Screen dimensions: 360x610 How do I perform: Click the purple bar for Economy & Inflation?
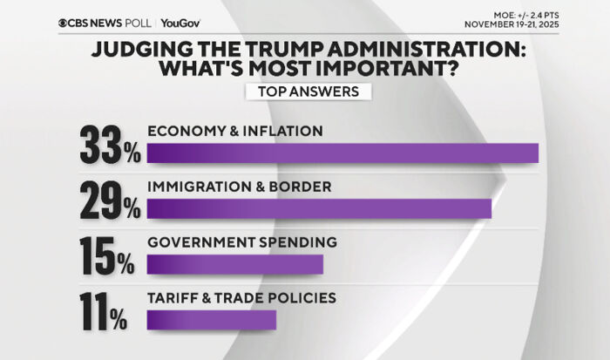tap(342, 153)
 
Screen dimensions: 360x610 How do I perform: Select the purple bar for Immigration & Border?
tap(319, 208)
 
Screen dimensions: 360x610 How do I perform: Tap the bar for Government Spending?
tap(235, 264)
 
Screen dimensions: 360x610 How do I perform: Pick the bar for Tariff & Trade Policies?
tap(212, 320)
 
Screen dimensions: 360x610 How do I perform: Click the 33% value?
tap(110, 145)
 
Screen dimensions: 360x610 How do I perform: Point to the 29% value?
tap(110, 200)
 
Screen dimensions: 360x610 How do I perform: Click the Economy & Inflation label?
tap(235, 131)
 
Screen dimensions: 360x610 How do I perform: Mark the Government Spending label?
tap(241, 242)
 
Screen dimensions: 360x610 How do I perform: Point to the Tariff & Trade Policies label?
tap(241, 298)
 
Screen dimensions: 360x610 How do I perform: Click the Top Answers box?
tap(308, 92)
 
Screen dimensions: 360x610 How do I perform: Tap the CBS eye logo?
tap(64, 24)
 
